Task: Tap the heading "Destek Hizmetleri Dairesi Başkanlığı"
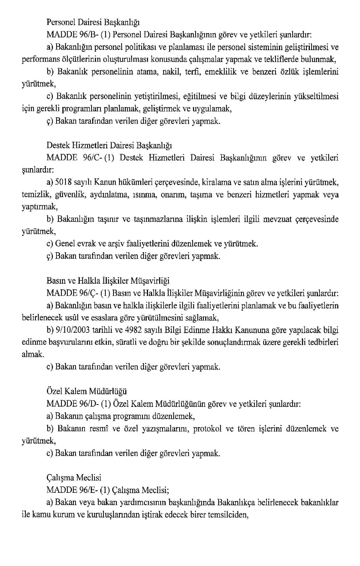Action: [109, 146]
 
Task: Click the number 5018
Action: [63, 183]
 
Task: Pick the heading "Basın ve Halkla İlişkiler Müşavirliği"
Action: [108, 281]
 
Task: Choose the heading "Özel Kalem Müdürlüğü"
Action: [86, 391]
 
